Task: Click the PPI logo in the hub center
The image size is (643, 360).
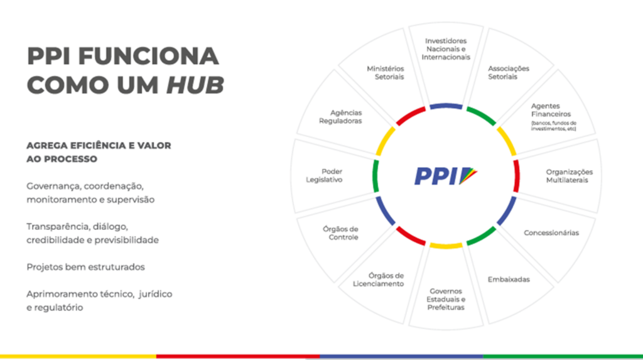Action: [x=446, y=176]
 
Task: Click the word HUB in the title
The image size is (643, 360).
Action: [x=195, y=85]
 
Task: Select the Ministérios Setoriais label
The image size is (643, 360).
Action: [x=386, y=73]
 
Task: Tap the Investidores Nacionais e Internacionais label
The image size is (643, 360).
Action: [x=446, y=49]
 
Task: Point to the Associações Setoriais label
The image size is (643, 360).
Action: [x=509, y=73]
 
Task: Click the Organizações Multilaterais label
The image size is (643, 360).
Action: [x=569, y=176]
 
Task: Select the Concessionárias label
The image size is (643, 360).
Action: [x=551, y=232]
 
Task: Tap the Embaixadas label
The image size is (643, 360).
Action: [x=509, y=280]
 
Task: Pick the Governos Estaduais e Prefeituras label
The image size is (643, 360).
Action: [x=446, y=299]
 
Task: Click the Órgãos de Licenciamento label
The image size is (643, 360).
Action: [x=378, y=280]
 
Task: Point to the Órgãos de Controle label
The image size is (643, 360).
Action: [x=340, y=233]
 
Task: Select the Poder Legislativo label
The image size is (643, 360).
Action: [x=324, y=176]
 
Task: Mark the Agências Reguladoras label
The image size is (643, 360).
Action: [x=340, y=117]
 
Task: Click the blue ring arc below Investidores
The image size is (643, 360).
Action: [x=446, y=106]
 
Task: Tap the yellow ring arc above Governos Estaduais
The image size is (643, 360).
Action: [x=446, y=246]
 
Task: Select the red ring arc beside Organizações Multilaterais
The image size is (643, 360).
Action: [x=516, y=176]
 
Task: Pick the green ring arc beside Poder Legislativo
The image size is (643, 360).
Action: [x=376, y=176]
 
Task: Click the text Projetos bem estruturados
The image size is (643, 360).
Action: [x=85, y=267]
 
